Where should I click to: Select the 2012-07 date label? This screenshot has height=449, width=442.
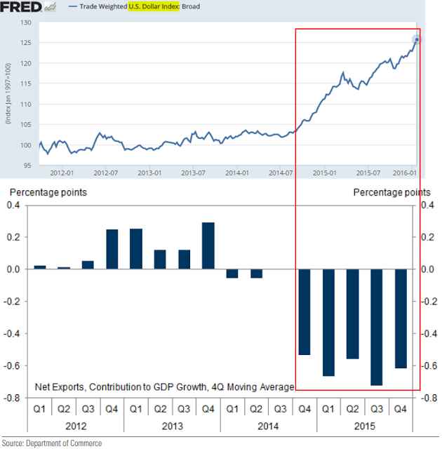click(106, 173)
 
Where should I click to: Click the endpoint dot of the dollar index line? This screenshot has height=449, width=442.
click(417, 39)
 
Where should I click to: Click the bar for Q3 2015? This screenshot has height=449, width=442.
click(377, 327)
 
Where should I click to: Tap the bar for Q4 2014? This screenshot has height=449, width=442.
click(304, 311)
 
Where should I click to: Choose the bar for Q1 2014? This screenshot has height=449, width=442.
click(232, 274)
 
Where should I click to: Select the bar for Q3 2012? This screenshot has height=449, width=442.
click(88, 264)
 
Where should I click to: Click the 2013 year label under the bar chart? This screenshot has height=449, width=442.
click(172, 426)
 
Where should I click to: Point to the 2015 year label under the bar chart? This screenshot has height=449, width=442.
click(363, 426)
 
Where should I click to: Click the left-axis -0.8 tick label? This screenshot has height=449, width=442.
click(15, 398)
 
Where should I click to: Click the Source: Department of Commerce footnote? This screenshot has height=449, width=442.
click(53, 443)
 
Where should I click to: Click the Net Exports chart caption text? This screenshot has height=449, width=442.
click(165, 387)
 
